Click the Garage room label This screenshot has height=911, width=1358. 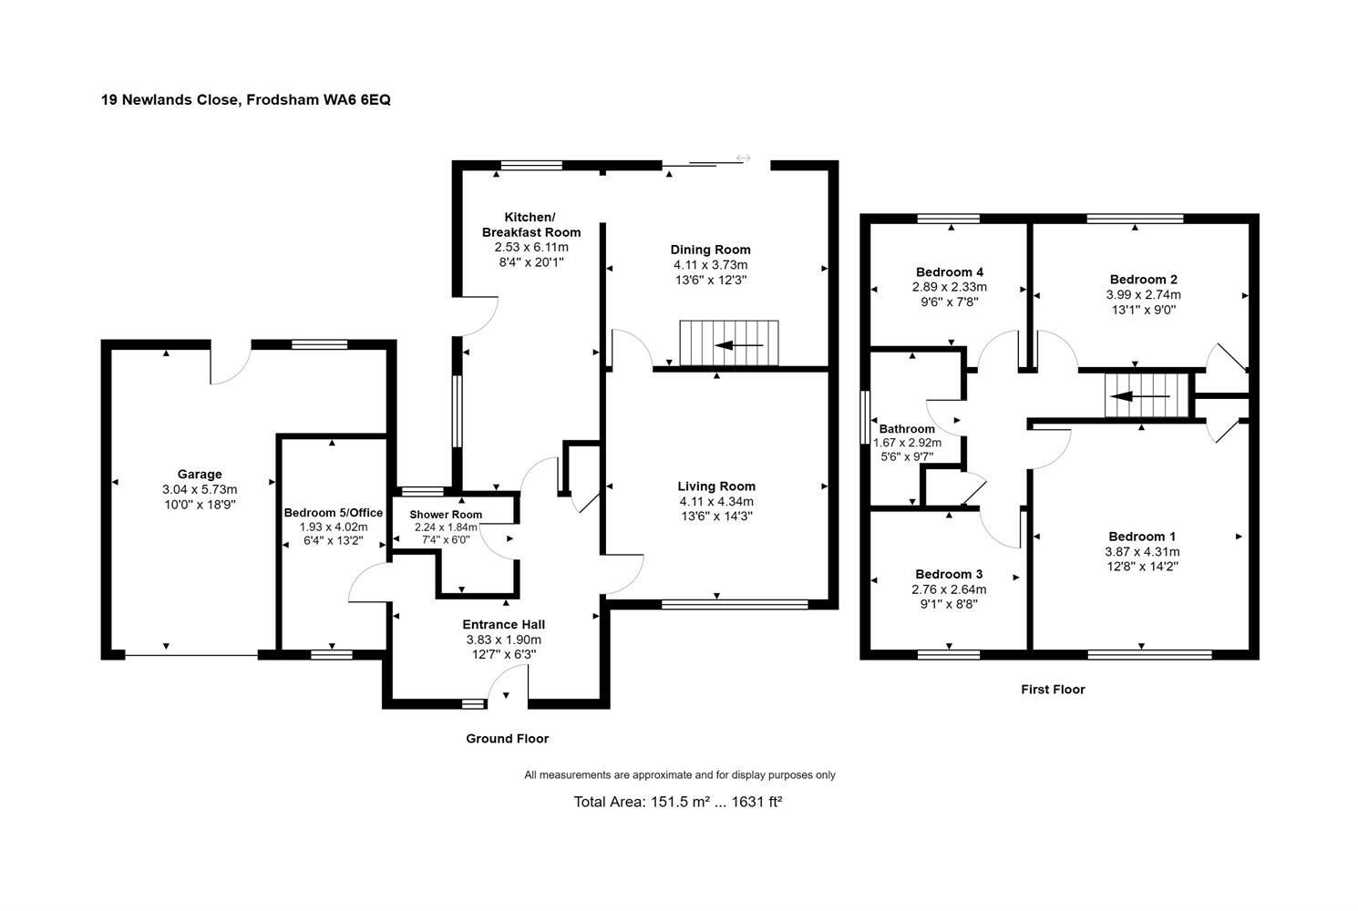point(200,475)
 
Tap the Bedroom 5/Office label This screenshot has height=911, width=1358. point(333,513)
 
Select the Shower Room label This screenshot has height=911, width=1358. point(446,515)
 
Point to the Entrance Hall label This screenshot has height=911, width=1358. point(503,625)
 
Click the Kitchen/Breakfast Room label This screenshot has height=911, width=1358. point(530,225)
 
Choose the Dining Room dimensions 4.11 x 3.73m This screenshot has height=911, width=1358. point(710,265)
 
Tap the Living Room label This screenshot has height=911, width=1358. point(715,486)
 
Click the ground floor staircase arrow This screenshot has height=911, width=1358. point(739,346)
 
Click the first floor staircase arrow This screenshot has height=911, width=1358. point(1138,397)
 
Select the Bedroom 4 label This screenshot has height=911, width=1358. point(949,272)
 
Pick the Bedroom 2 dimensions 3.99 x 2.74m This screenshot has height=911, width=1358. point(1143,295)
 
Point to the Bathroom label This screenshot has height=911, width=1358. point(907,429)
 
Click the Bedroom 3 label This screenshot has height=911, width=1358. point(949,575)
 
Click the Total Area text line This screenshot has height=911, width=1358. point(678,803)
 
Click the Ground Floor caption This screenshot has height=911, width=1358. point(507,739)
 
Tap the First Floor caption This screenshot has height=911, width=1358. point(1053,690)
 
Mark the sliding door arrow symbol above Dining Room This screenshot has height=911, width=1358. point(743,159)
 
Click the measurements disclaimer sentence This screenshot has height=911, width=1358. point(679,775)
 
